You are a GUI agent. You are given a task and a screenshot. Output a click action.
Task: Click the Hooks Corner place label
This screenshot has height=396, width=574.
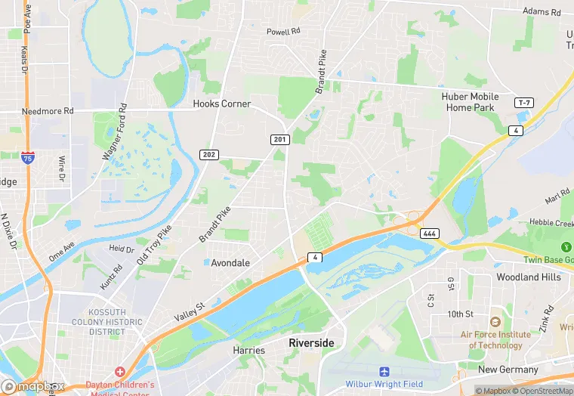221,104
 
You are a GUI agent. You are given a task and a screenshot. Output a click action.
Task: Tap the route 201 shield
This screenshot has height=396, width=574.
280,139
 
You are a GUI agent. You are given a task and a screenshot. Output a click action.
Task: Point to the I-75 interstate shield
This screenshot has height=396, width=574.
27,157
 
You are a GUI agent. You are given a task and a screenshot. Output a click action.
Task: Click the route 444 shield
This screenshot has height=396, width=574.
430,233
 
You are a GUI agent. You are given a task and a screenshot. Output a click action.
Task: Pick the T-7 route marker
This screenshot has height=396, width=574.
524,102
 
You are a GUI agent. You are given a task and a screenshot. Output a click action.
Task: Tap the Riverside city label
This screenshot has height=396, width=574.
311,343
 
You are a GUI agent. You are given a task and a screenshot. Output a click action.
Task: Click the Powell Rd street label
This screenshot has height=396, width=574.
283,32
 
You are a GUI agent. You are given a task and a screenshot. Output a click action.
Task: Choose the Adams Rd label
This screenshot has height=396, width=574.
542,12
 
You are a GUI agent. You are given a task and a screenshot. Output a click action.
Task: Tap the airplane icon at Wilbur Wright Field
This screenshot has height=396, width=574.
384,372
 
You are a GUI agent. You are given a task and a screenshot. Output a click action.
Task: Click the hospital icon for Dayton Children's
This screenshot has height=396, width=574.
119,372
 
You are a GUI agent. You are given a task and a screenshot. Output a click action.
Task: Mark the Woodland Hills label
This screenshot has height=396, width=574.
529,277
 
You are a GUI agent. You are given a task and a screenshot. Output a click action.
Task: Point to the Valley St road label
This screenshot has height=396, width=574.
190,311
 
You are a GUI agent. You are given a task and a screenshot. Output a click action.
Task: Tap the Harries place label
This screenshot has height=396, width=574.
249,351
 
